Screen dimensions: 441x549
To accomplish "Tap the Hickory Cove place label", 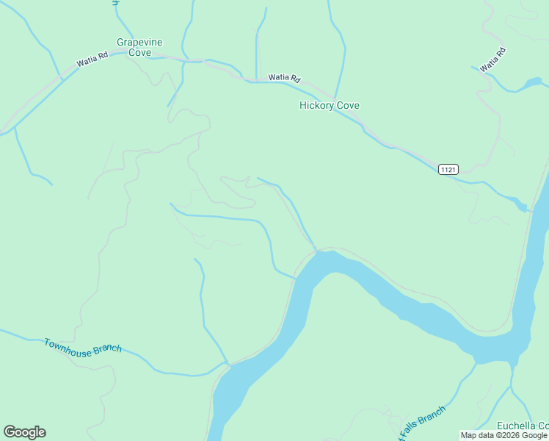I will coord(330,106).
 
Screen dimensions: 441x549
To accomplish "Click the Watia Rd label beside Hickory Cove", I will coord(285,77).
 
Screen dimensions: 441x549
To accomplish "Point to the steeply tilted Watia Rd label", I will coord(493,60).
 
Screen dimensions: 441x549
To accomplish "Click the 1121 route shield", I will coord(448,170).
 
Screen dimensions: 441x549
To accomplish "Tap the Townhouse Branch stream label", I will coord(83,348).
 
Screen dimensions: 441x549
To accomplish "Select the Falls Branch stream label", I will coord(421,420).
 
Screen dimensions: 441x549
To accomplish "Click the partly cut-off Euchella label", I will coord(523,426).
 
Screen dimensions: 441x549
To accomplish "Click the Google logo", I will coord(24,432).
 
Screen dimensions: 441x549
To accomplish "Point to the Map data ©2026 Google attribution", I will coord(504,436).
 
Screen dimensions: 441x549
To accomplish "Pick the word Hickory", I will coord(317,106).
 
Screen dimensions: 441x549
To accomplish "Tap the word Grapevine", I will coord(139,43).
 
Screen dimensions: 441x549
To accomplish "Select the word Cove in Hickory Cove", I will coord(348,106).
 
